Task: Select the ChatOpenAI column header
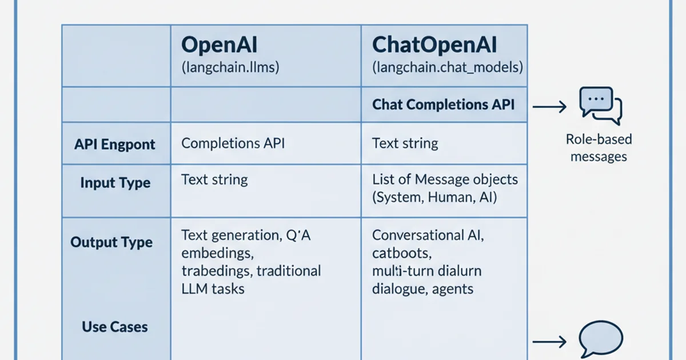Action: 434,45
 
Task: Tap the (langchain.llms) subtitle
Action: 230,67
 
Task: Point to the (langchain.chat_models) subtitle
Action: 447,67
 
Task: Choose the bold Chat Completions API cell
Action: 443,105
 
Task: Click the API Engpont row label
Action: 115,144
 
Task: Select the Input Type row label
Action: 115,183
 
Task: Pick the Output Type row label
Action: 111,242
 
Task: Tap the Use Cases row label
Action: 115,327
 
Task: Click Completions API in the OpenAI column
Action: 233,143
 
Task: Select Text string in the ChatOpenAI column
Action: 405,143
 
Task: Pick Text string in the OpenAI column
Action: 214,179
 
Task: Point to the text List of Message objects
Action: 445,179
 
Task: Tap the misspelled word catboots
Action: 401,253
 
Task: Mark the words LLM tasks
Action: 213,289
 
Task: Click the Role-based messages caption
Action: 599,147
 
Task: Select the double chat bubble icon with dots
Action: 600,105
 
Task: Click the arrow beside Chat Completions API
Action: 549,106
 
